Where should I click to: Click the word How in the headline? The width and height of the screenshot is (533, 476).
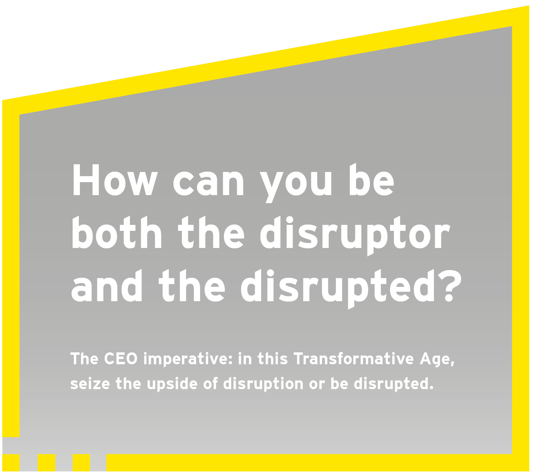tap(115, 180)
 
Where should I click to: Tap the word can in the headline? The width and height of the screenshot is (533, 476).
tap(209, 183)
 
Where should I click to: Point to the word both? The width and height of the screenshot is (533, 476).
tap(117, 232)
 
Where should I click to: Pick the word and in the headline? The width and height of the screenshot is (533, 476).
tap(107, 285)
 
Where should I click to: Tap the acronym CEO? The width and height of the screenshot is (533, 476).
tap(121, 359)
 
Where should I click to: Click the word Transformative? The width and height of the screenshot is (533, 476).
tap(354, 359)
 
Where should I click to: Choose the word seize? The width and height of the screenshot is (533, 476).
tap(90, 384)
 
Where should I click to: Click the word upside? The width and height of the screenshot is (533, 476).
tap(172, 384)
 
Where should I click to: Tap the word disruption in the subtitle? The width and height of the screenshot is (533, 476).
tap(263, 384)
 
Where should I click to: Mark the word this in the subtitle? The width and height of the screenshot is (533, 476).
tap(273, 359)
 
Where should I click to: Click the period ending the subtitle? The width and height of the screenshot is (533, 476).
tap(431, 387)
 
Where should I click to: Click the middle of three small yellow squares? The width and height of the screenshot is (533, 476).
tap(47, 463)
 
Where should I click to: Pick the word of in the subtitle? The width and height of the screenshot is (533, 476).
tap(211, 384)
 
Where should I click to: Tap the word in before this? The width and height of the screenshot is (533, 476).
tap(245, 359)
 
